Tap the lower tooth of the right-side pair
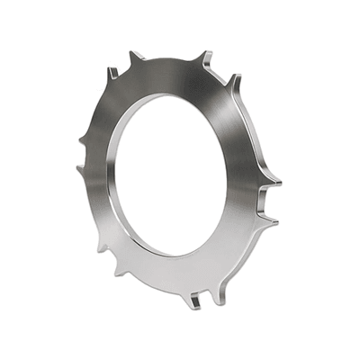(x=271, y=220)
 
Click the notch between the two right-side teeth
(x=267, y=202)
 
